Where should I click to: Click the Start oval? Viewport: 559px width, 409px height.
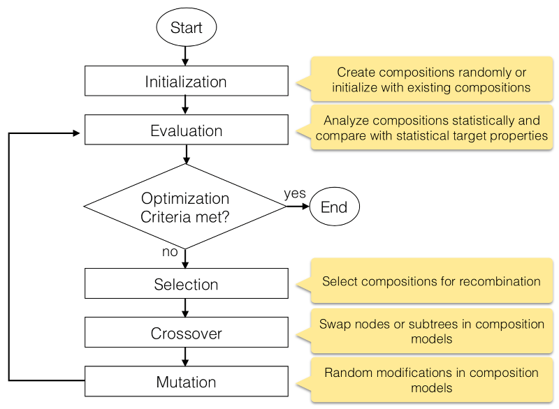click(x=186, y=28)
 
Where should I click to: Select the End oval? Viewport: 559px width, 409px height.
click(x=334, y=207)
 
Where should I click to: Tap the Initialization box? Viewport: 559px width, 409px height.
click(x=186, y=81)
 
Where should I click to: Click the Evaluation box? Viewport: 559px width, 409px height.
click(x=186, y=131)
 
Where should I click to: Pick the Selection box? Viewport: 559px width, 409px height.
click(x=186, y=284)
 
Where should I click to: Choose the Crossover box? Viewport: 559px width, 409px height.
click(x=186, y=333)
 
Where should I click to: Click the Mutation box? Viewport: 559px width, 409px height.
click(x=186, y=382)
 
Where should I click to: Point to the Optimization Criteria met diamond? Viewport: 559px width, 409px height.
click(x=186, y=207)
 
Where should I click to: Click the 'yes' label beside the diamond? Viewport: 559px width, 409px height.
click(x=295, y=193)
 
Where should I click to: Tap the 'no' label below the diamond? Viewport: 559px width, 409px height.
click(x=170, y=252)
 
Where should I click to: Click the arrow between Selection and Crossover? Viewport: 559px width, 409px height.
click(x=186, y=308)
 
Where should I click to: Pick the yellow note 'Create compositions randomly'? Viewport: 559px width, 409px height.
click(x=431, y=80)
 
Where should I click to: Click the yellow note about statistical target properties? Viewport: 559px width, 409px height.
click(x=431, y=128)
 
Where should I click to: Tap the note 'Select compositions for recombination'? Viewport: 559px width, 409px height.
click(x=431, y=282)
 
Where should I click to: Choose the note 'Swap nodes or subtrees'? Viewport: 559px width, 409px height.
click(x=431, y=331)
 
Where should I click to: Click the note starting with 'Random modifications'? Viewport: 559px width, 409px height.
click(x=431, y=380)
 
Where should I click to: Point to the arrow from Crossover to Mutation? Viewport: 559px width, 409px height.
click(x=186, y=357)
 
